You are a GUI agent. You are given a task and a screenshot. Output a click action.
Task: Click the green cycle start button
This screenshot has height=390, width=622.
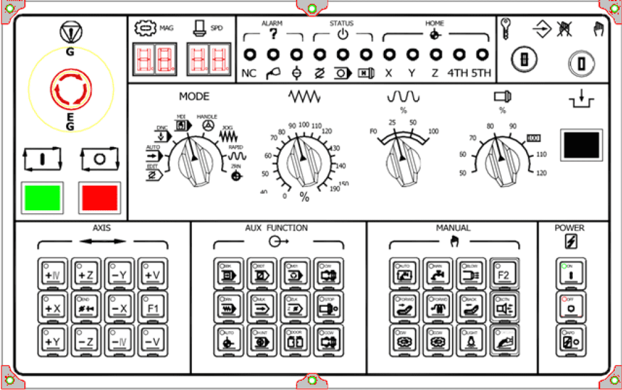click(x=41, y=197)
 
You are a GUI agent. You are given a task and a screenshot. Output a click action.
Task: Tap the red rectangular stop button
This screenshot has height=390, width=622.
click(x=98, y=197)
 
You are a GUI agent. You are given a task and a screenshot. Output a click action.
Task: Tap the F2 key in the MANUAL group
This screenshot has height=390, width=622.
click(x=503, y=274)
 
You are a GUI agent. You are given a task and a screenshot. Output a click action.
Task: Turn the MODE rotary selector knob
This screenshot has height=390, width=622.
click(x=194, y=159)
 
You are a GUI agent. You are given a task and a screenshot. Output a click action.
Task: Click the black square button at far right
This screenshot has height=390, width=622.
click(x=581, y=145)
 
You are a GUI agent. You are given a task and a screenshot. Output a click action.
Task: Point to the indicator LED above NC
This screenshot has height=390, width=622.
click(x=249, y=55)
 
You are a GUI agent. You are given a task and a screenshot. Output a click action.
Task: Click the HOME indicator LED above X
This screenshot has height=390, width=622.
click(x=389, y=55)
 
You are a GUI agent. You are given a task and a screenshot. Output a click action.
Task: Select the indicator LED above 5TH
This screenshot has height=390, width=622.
click(x=482, y=55)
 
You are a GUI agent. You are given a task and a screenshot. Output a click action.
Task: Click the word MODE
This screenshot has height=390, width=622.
click(x=194, y=97)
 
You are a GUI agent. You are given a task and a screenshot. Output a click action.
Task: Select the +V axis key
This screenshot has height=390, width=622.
click(x=152, y=274)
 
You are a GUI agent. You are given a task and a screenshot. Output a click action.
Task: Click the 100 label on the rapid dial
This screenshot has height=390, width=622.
click(x=434, y=131)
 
